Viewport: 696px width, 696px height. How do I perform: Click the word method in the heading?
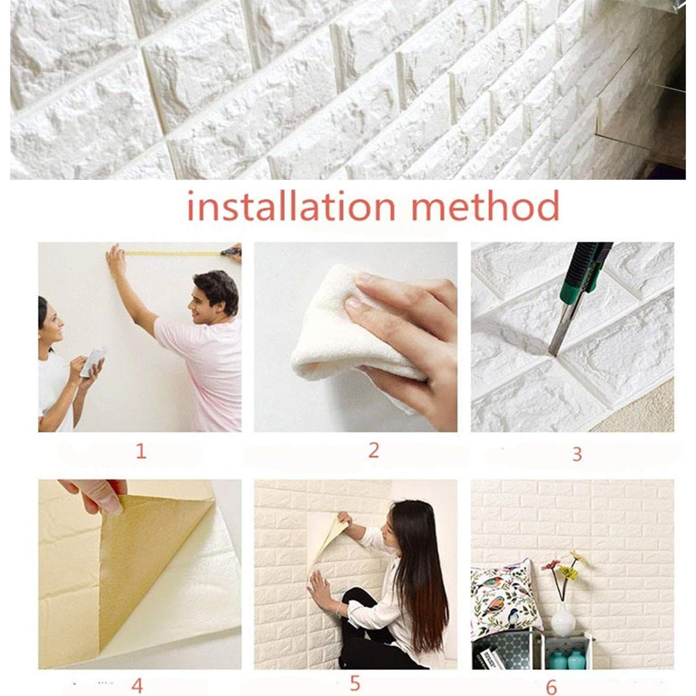pos(485,206)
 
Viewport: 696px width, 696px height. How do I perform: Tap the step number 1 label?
pos(141,452)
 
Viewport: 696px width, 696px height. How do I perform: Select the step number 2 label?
pos(373,450)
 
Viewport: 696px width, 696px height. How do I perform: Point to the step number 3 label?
pos(577,454)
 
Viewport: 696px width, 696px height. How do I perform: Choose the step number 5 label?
pos(355,683)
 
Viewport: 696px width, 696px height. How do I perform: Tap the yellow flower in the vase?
pos(569,572)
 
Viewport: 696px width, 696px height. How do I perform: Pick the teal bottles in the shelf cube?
pos(567,660)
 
